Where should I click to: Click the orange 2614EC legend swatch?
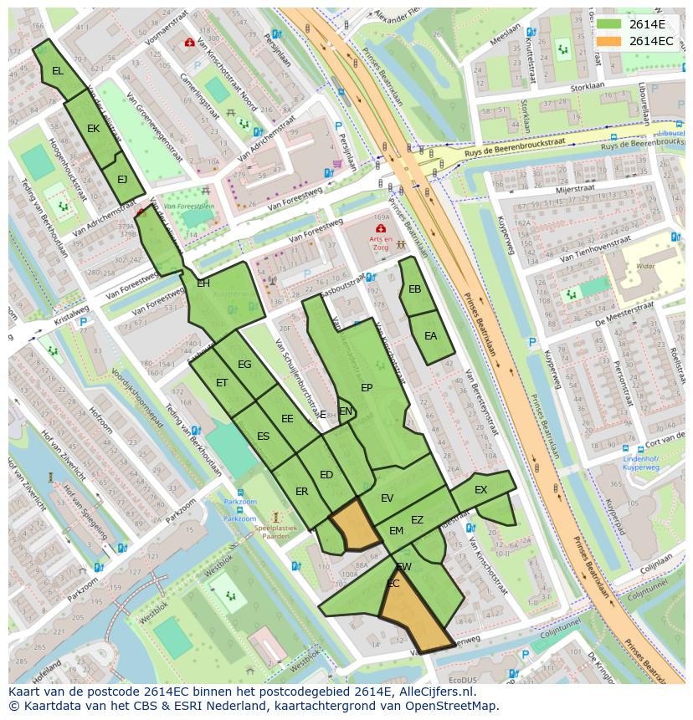pos(610,41)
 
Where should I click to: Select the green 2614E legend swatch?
pos(610,24)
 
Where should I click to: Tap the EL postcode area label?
pos(57,71)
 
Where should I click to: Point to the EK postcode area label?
pos(93,129)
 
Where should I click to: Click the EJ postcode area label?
pos(122,179)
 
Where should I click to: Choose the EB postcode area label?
pos(414,289)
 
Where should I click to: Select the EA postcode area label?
pos(430,336)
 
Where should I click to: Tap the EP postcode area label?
pos(367,388)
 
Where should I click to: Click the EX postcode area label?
pos(480,490)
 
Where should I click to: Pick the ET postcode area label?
pos(222,383)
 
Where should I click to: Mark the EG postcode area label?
pos(244,365)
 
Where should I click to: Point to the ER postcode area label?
pos(301,492)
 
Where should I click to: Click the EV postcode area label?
pos(387,498)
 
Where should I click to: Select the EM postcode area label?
pos(396,531)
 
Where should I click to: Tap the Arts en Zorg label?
pos(382,242)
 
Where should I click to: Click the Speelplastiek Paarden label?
pos(275,532)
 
